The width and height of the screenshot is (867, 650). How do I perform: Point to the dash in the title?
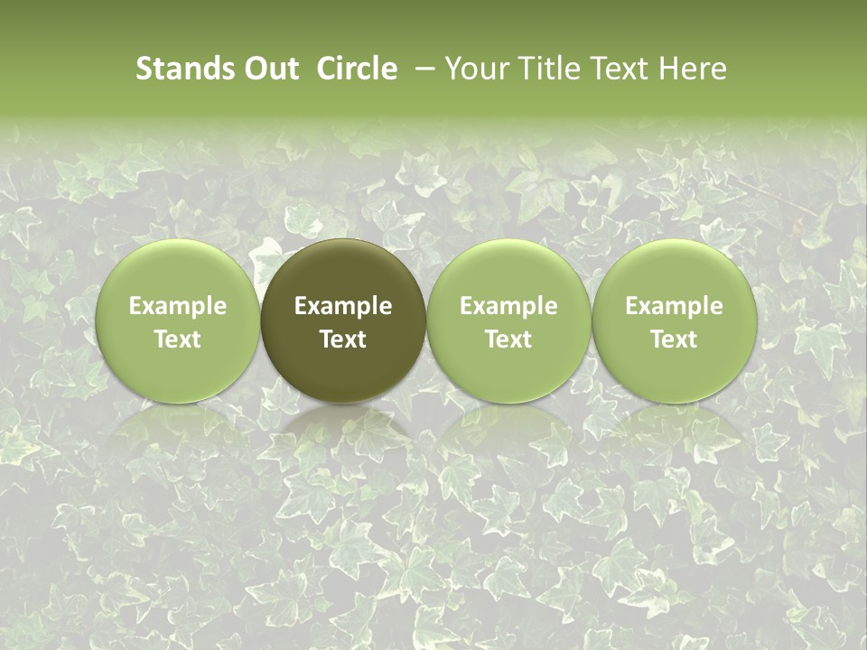pyautogui.click(x=421, y=70)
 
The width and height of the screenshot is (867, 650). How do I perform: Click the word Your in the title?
pyautogui.click(x=473, y=70)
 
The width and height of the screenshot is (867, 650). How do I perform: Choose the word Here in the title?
pyautogui.click(x=692, y=70)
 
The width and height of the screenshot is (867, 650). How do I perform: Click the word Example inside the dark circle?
pyautogui.click(x=343, y=306)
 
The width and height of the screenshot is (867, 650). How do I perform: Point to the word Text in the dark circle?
pyautogui.click(x=343, y=339)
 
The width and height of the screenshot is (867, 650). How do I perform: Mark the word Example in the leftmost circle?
pyautogui.click(x=178, y=306)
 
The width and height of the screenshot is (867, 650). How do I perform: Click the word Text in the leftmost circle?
pyautogui.click(x=178, y=339)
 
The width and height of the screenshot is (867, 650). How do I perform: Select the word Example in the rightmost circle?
pyautogui.click(x=675, y=306)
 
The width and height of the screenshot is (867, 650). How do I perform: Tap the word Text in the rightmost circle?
pyautogui.click(x=675, y=339)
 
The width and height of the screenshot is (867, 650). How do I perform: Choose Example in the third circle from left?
pyautogui.click(x=508, y=306)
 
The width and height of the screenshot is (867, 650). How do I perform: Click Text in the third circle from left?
pyautogui.click(x=508, y=339)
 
